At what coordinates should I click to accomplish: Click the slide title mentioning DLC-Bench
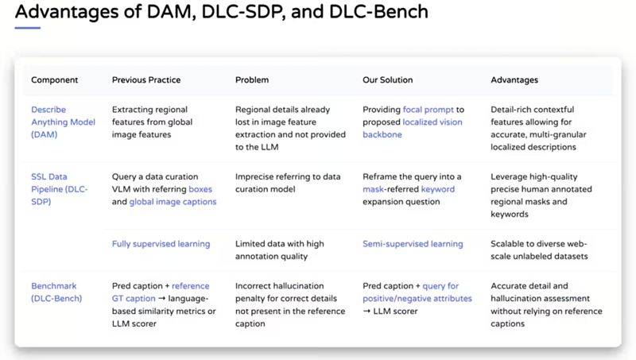[x=222, y=11]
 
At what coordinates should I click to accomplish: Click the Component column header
[x=54, y=79]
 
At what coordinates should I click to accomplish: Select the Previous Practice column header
[x=146, y=79]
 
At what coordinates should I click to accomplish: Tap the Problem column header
[x=252, y=79]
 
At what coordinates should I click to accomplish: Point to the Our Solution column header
[x=387, y=79]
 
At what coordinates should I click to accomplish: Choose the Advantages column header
[x=514, y=79]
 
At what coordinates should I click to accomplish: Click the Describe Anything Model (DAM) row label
[x=64, y=122]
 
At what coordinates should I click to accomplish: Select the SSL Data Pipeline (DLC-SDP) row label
[x=59, y=189]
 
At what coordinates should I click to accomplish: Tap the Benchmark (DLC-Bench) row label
[x=56, y=292]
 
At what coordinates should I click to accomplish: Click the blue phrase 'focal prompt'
[x=428, y=110]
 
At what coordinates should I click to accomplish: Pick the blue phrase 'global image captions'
[x=173, y=202]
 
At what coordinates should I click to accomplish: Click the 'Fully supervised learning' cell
[x=161, y=244]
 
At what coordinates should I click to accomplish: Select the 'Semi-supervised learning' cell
[x=413, y=244]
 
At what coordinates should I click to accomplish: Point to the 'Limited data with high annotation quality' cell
[x=280, y=250]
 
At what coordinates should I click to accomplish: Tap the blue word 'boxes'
[x=200, y=189]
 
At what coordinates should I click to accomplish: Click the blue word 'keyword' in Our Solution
[x=438, y=189]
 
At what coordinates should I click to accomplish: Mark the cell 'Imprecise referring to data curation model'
[x=288, y=183]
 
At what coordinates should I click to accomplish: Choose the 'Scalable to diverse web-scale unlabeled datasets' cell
[x=539, y=250]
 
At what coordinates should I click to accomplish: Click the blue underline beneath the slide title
[x=28, y=28]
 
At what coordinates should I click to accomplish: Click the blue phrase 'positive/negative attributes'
[x=417, y=298]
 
